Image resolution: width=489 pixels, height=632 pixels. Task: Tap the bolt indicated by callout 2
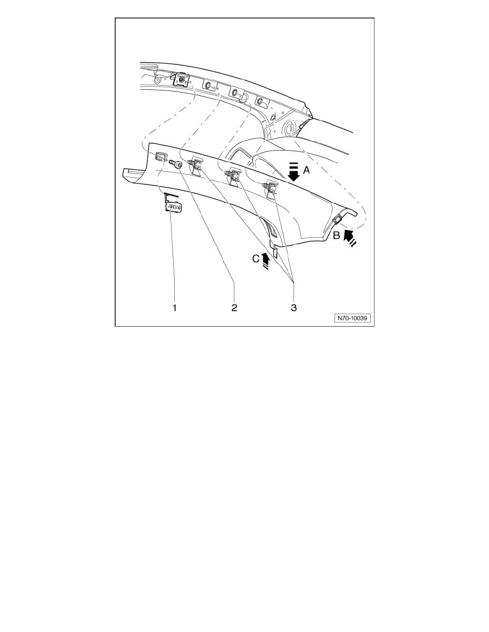[175, 164]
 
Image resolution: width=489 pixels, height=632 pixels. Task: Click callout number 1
[175, 308]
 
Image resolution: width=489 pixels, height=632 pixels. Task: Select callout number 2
[234, 308]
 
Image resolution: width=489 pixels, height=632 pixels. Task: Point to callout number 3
[294, 308]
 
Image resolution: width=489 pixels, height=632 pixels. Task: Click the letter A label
[307, 171]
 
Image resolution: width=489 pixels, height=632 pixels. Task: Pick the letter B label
[336, 236]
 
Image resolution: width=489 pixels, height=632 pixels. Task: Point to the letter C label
[256, 259]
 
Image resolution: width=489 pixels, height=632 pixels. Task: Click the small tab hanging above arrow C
[274, 251]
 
